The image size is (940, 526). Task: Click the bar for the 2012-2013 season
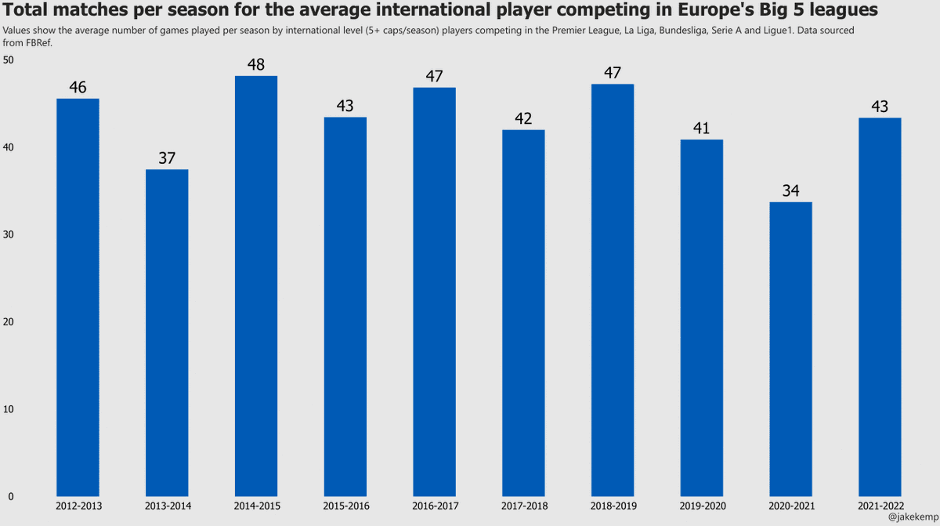tap(78, 298)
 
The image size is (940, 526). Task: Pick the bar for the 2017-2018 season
tap(523, 314)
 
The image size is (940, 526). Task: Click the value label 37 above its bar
tap(167, 158)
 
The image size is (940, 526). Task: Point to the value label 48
tap(256, 64)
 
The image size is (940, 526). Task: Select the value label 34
tap(790, 190)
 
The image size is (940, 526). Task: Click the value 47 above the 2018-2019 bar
tap(613, 73)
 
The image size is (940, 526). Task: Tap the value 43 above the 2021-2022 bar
tap(880, 106)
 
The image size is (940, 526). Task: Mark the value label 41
tap(701, 128)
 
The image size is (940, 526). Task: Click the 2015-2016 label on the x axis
tap(345, 506)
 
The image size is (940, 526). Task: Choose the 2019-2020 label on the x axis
tap(701, 506)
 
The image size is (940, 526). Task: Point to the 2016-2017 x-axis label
tap(434, 506)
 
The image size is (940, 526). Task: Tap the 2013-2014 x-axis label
tap(167, 506)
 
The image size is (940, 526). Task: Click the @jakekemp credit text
tap(913, 517)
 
